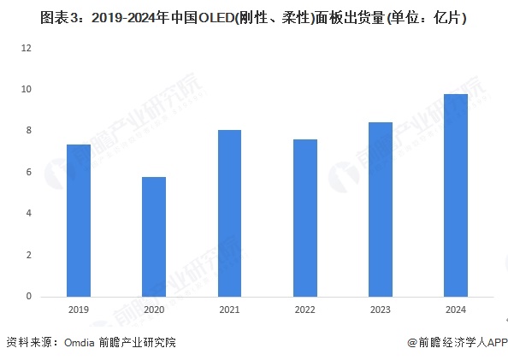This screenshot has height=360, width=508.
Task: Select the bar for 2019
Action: click(x=79, y=221)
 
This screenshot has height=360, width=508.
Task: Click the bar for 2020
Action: click(x=154, y=237)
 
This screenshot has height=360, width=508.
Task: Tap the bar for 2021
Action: click(x=229, y=213)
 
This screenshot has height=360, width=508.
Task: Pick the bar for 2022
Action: click(x=305, y=218)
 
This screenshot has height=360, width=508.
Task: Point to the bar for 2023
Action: click(x=381, y=210)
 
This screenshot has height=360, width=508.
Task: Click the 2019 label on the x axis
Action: click(x=79, y=311)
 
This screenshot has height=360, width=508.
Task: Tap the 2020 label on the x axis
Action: click(x=154, y=311)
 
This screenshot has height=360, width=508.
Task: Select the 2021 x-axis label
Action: click(x=229, y=311)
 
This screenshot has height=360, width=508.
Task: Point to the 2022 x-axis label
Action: click(x=305, y=311)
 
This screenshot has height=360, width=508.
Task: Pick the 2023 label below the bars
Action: click(x=381, y=311)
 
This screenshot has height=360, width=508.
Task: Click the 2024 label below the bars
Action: click(x=456, y=311)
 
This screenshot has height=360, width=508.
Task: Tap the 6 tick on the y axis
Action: click(x=28, y=172)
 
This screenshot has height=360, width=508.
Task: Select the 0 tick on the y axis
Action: click(x=28, y=297)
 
